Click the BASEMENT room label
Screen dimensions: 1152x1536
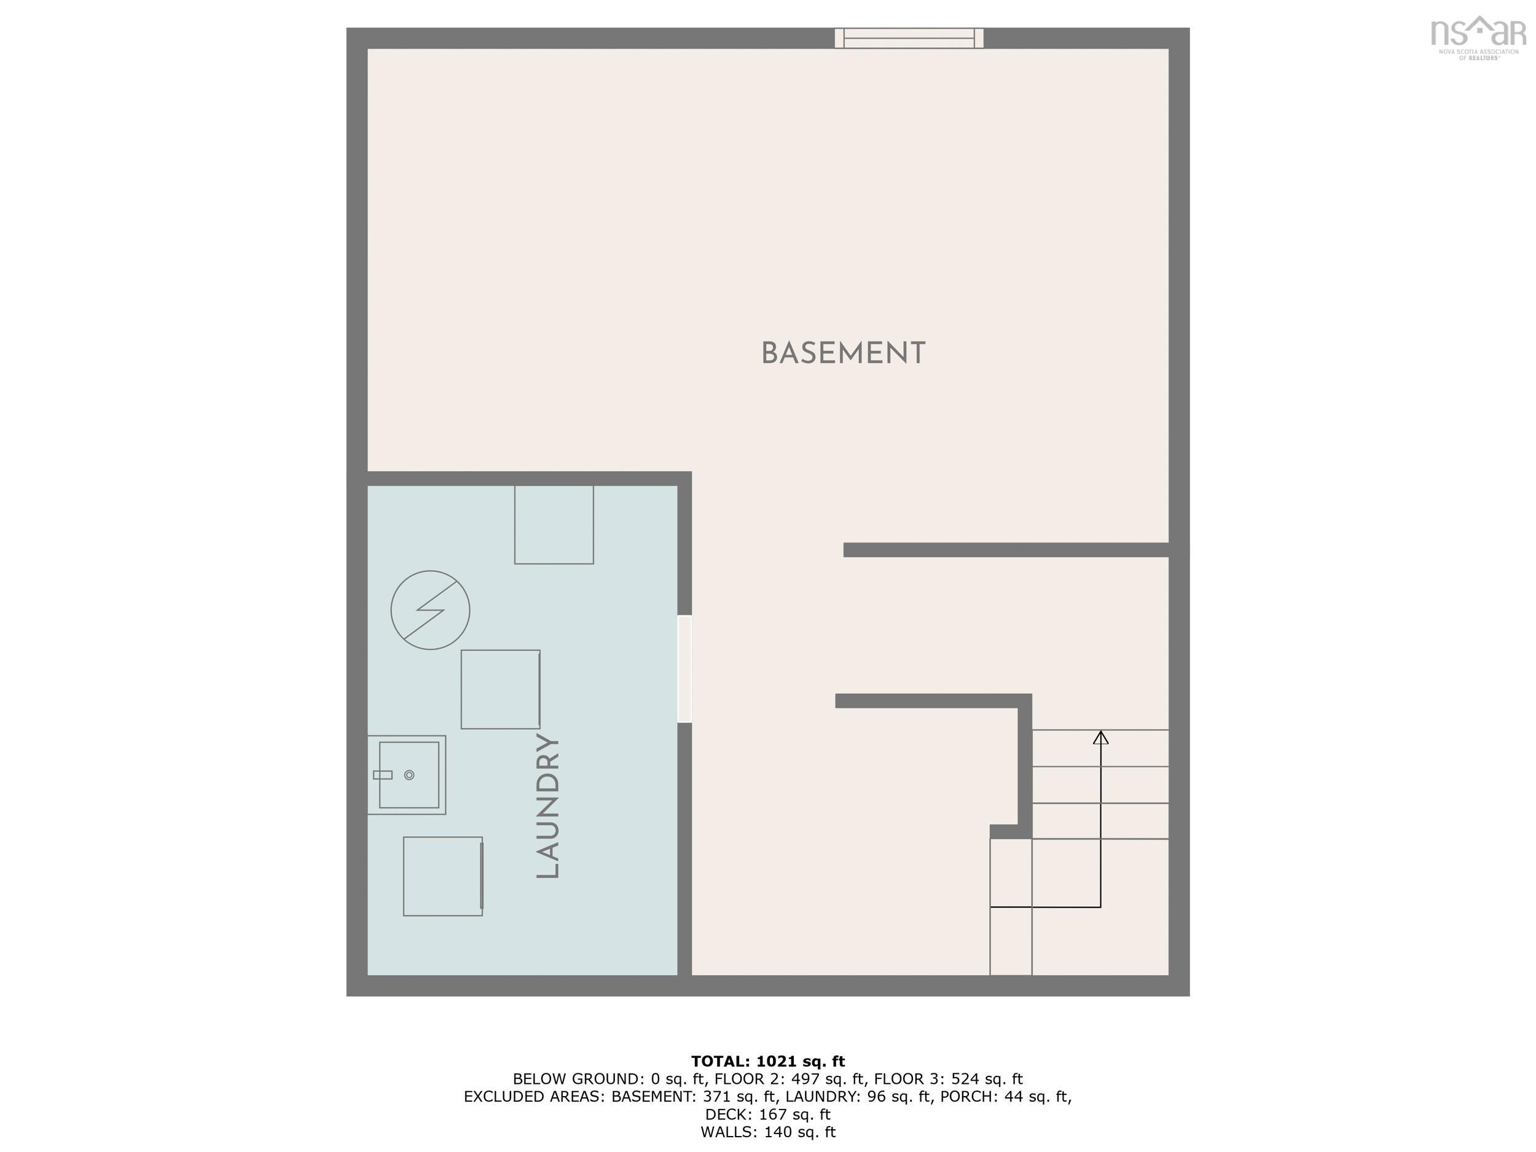[x=843, y=353]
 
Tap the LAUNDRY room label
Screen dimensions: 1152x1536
[x=548, y=806]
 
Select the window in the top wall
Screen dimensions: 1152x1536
[x=908, y=38]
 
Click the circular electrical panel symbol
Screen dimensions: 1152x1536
[x=430, y=609]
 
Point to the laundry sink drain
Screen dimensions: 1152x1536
[x=409, y=775]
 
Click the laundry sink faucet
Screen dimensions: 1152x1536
[x=383, y=775]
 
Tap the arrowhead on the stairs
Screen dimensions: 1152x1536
[x=1100, y=737]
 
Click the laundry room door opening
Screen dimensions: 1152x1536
[x=684, y=668]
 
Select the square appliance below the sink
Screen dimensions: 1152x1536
[x=443, y=876]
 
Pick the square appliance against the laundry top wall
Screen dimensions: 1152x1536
[x=554, y=524]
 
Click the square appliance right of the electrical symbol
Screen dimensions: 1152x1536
[x=500, y=689]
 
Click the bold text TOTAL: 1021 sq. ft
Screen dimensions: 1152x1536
[x=768, y=1061]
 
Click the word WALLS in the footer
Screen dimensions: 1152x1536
[x=727, y=1132]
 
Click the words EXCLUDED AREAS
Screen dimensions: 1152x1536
[x=533, y=1097]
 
